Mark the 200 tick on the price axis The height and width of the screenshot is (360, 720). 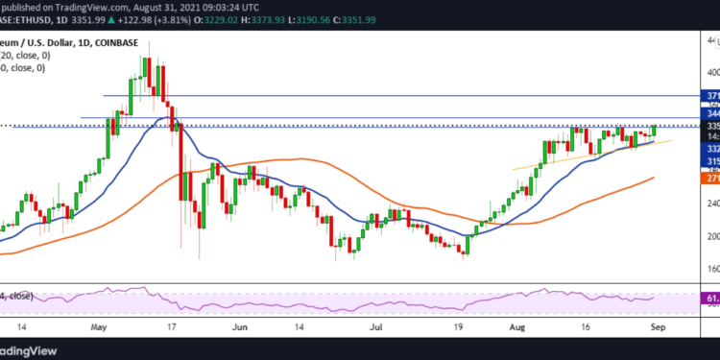coord(712,235)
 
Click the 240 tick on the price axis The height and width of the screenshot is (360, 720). coord(712,204)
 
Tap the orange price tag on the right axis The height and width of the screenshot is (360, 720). coord(712,179)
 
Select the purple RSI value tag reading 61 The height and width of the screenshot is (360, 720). coord(712,300)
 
